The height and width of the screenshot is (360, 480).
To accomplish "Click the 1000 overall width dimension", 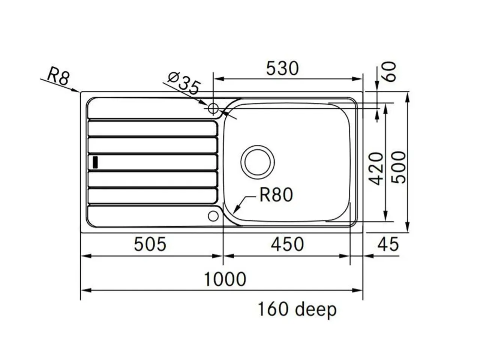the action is pos(225,279).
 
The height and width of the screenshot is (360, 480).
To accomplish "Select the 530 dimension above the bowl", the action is pos(282,68).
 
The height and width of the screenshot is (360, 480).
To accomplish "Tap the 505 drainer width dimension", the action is pos(150,244).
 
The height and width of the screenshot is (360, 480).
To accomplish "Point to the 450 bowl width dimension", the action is pos(287,244).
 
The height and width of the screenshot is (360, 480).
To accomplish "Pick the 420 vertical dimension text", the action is pos(376,168).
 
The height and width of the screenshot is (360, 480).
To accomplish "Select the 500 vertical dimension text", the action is pos(398,167).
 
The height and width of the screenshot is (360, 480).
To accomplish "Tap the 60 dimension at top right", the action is pos(390,72).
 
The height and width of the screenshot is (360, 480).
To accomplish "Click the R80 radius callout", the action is pos(276,195).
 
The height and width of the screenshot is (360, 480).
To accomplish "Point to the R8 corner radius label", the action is pos(58,76).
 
